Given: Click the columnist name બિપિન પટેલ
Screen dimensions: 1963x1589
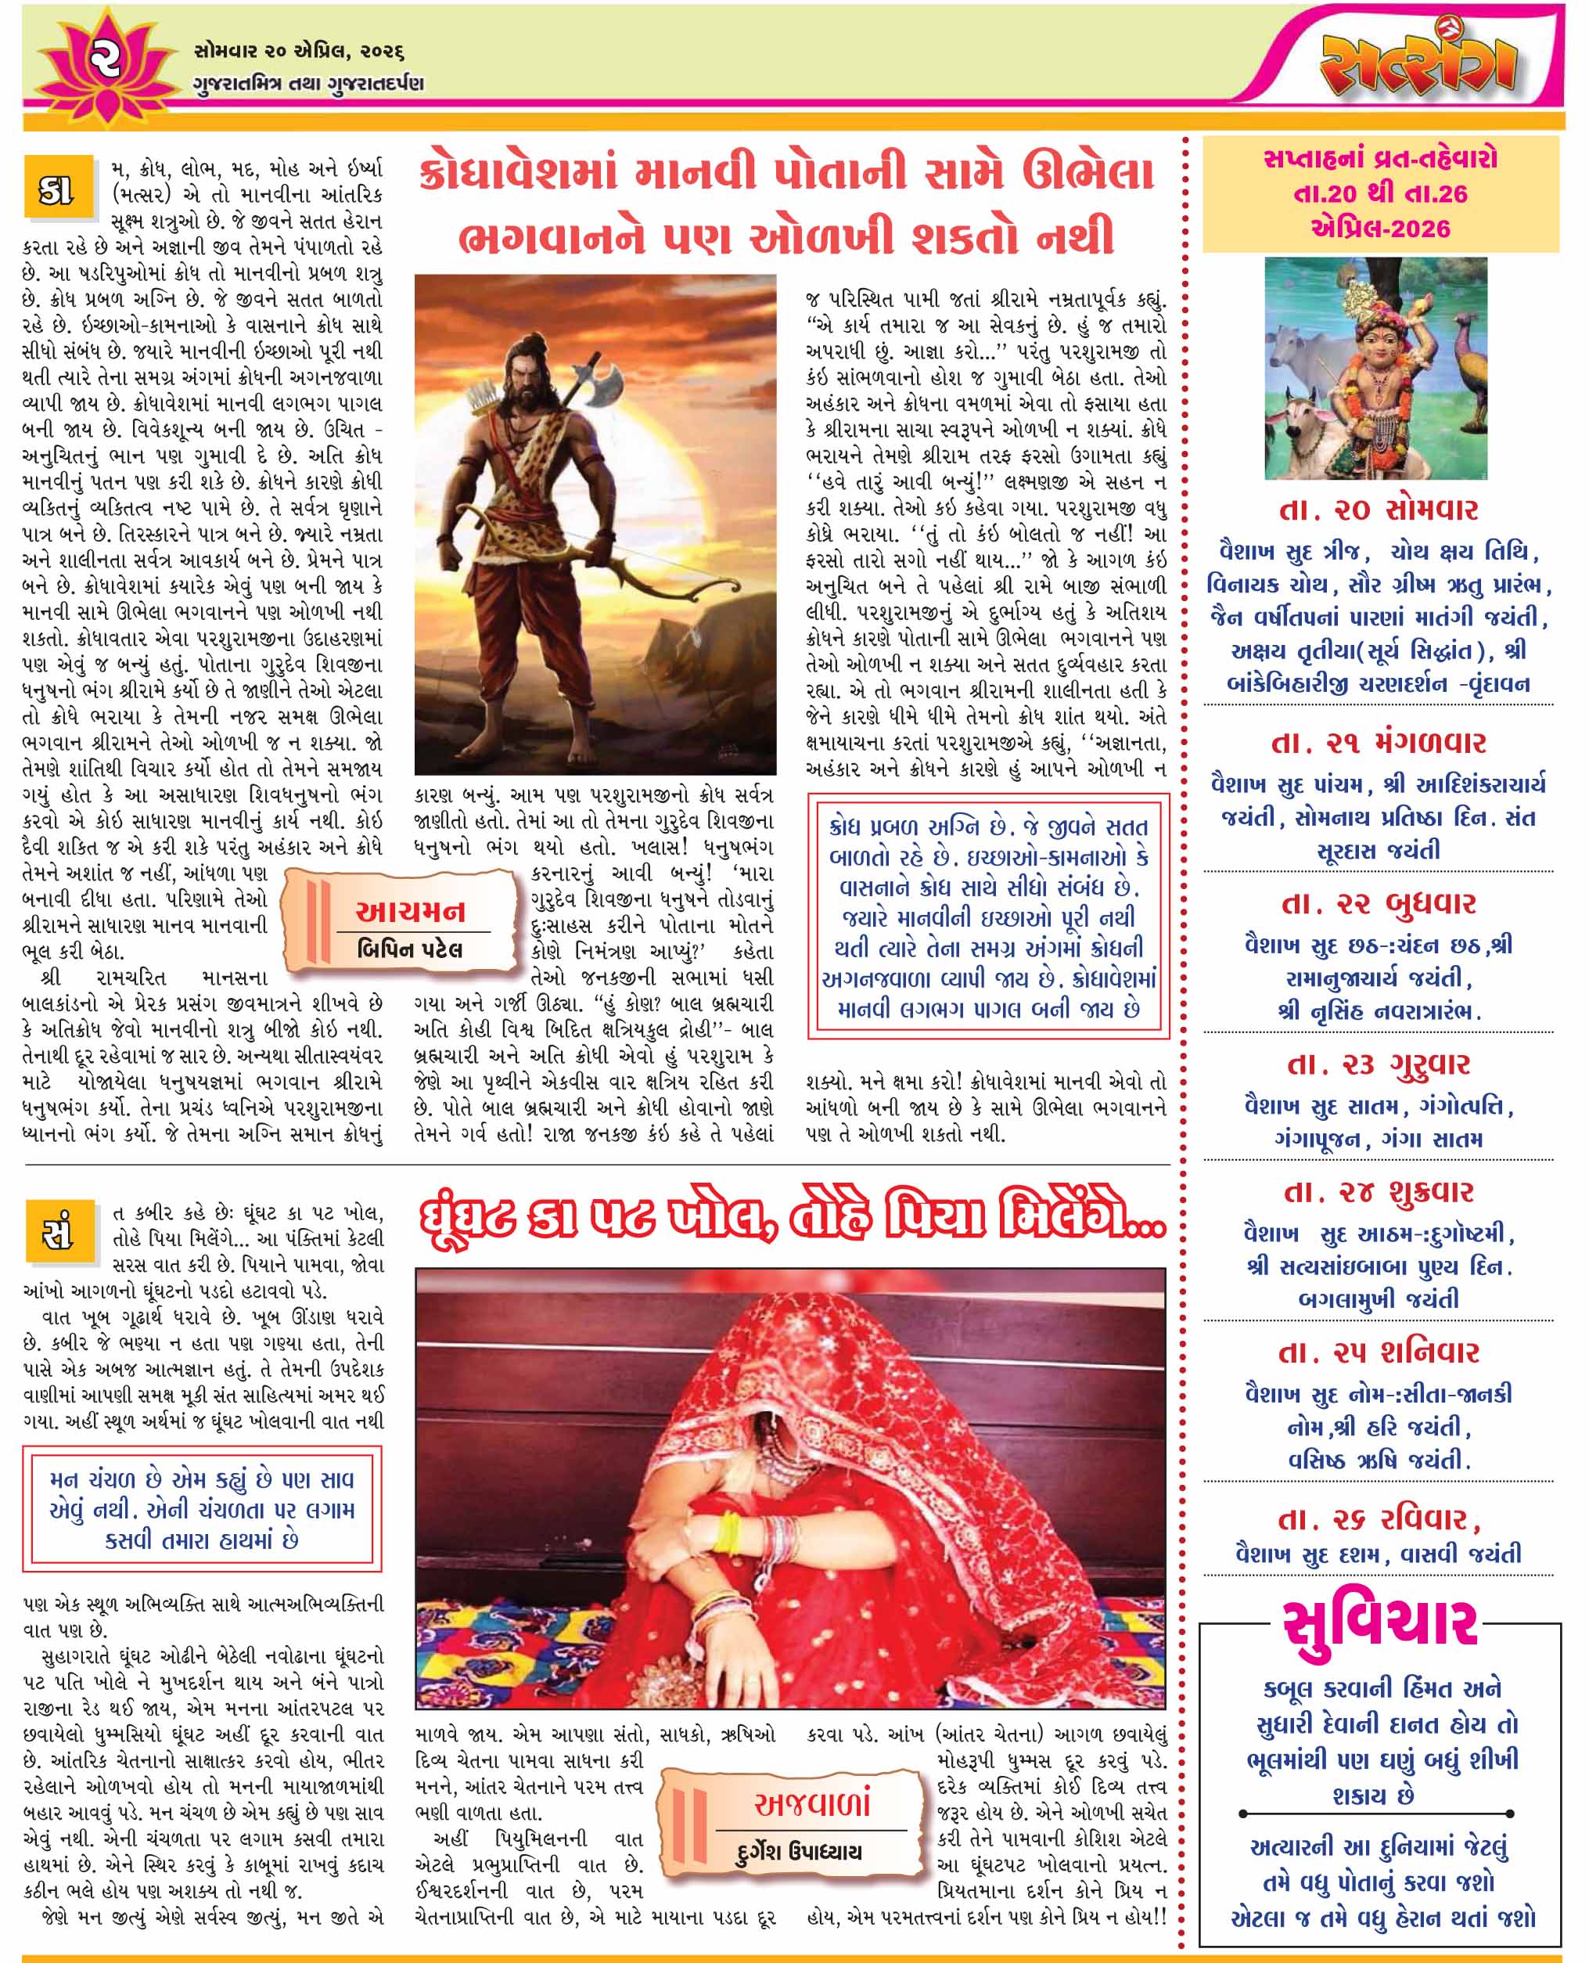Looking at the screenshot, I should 409,949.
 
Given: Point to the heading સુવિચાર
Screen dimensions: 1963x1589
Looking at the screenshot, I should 1379,1623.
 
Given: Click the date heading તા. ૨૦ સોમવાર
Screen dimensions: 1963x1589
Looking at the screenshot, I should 1379,510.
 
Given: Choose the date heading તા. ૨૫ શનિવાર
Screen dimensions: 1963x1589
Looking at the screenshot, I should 1379,1352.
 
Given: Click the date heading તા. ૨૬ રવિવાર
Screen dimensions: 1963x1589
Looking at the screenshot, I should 1379,1520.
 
